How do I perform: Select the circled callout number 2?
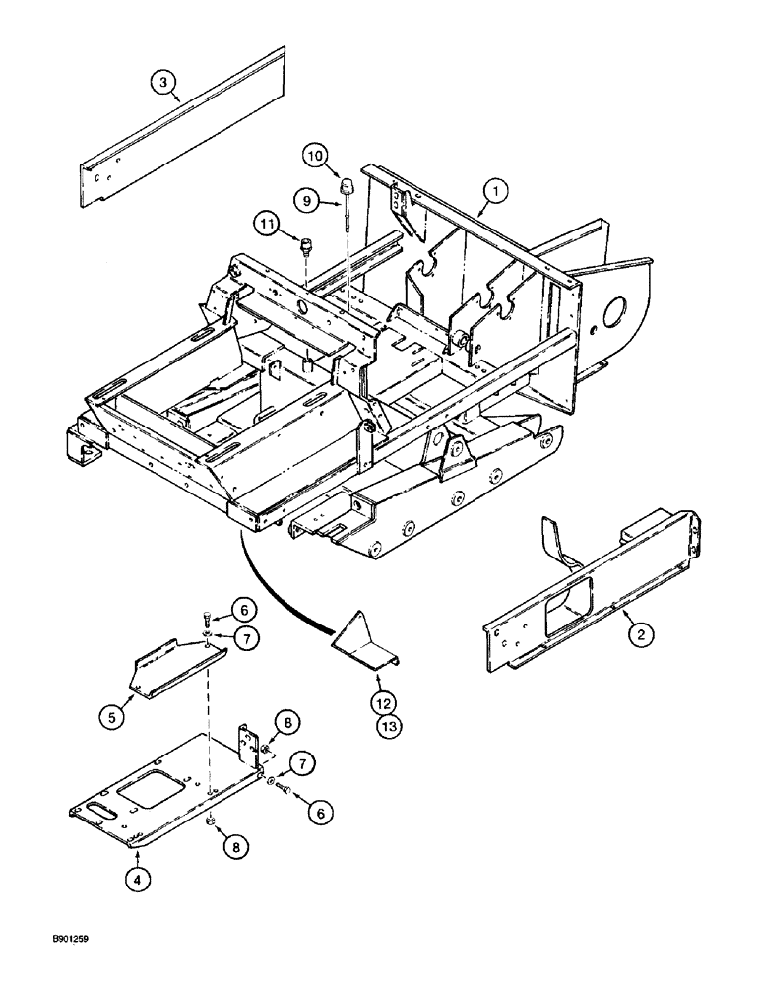[640, 635]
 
